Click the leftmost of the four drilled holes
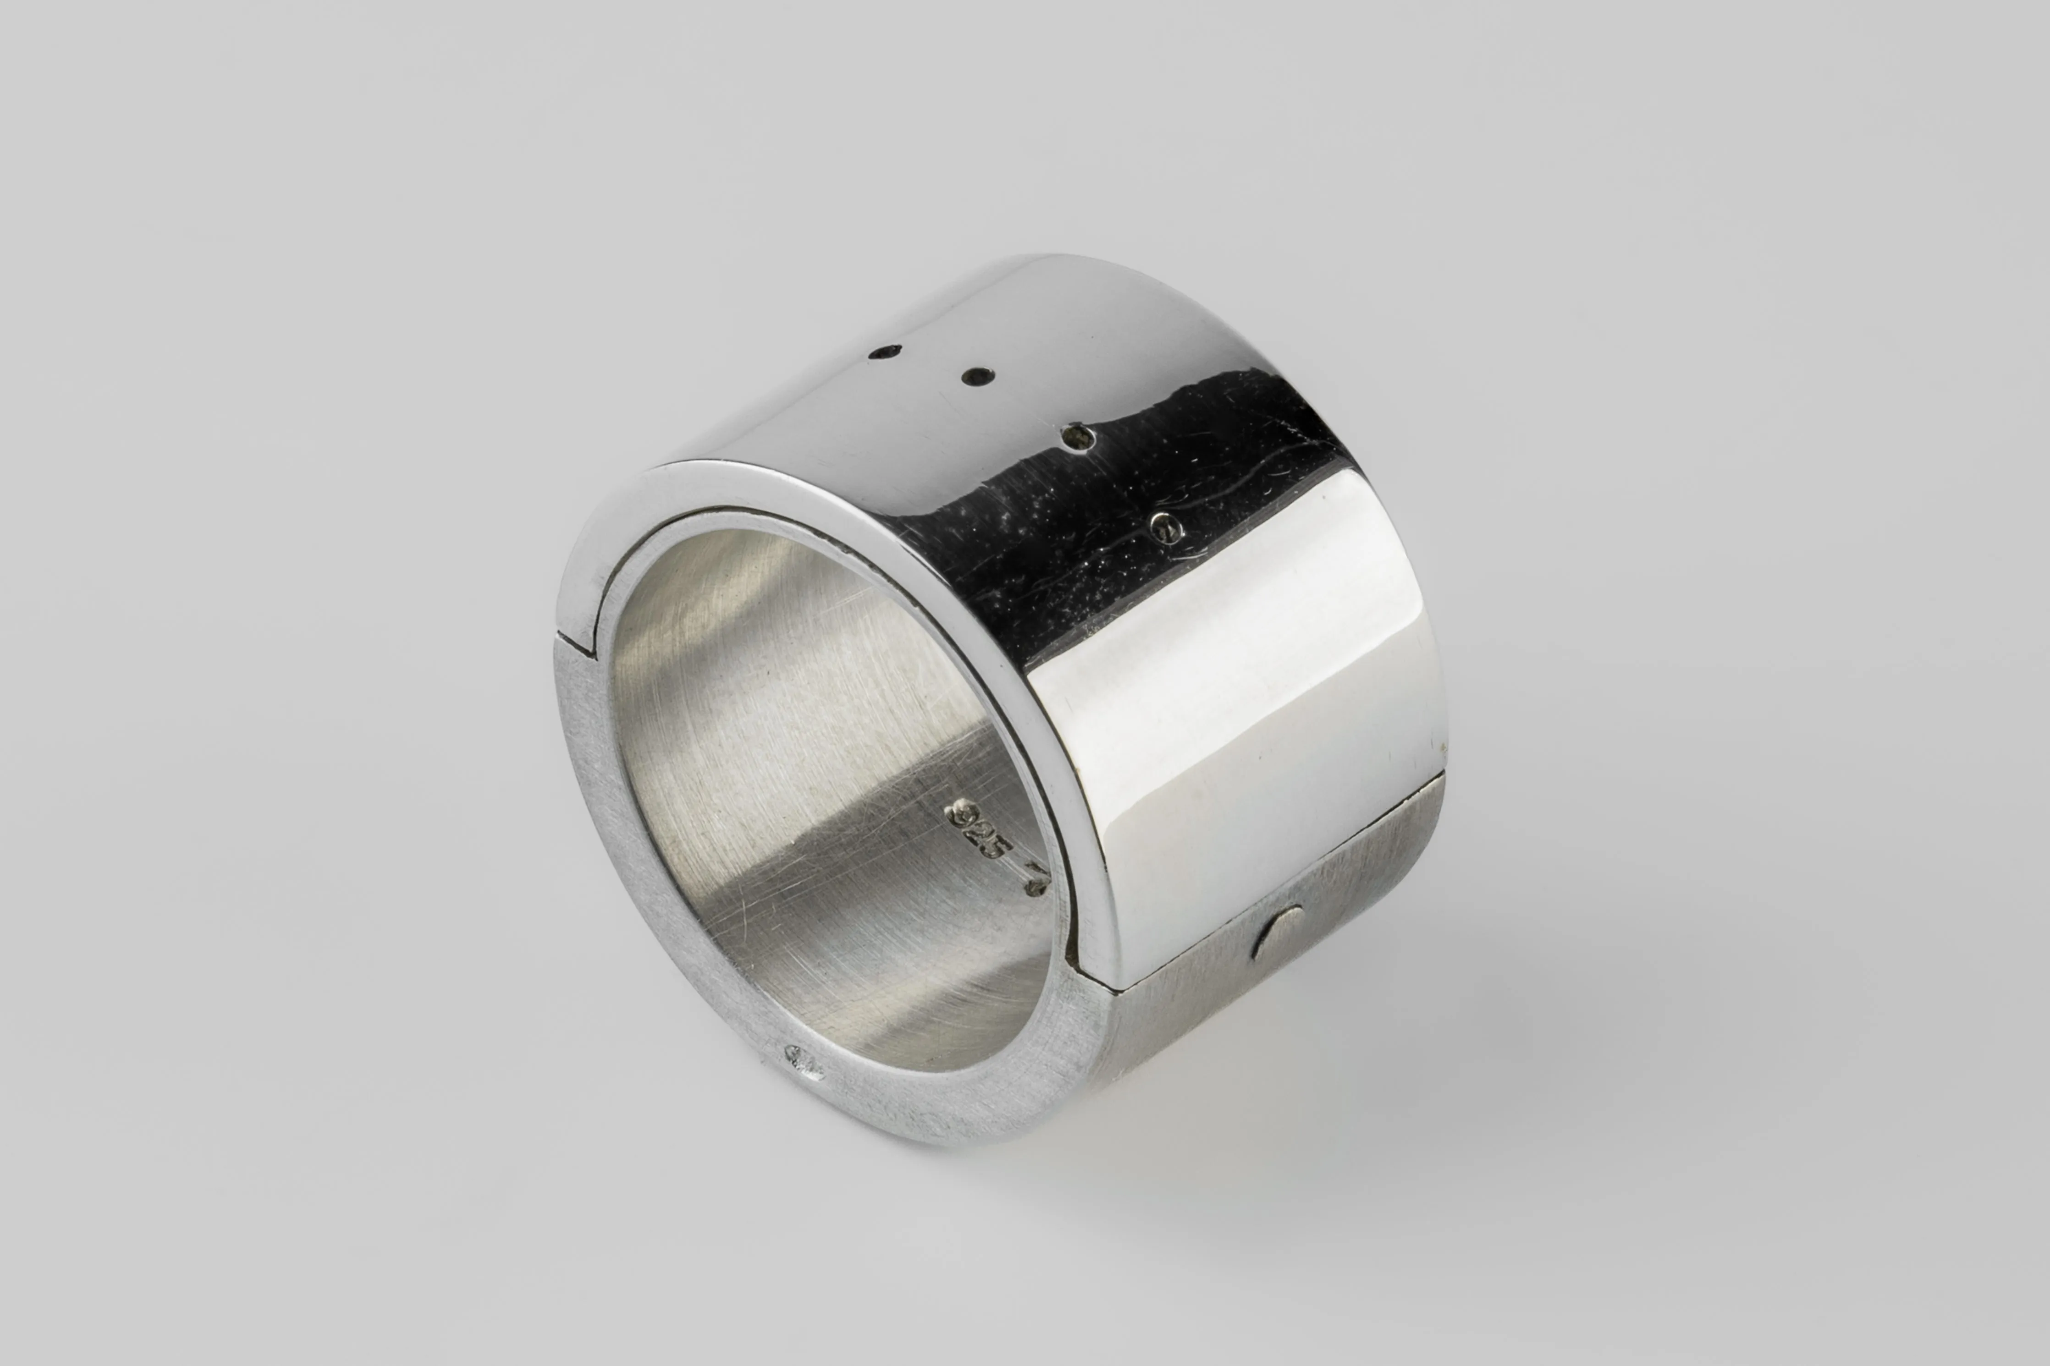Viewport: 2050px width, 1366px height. [888, 352]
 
